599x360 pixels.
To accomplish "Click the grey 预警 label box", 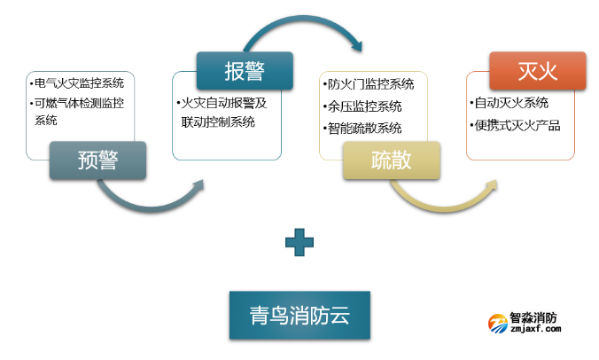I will pos(97,160).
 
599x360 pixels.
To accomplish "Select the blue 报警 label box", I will pos(245,71).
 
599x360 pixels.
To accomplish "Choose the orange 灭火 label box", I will pos(537,70).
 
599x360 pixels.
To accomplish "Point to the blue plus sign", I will pos(300,242).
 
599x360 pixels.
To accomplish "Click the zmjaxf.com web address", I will pos(537,330).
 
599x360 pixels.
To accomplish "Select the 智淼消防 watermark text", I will pos(535,317).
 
